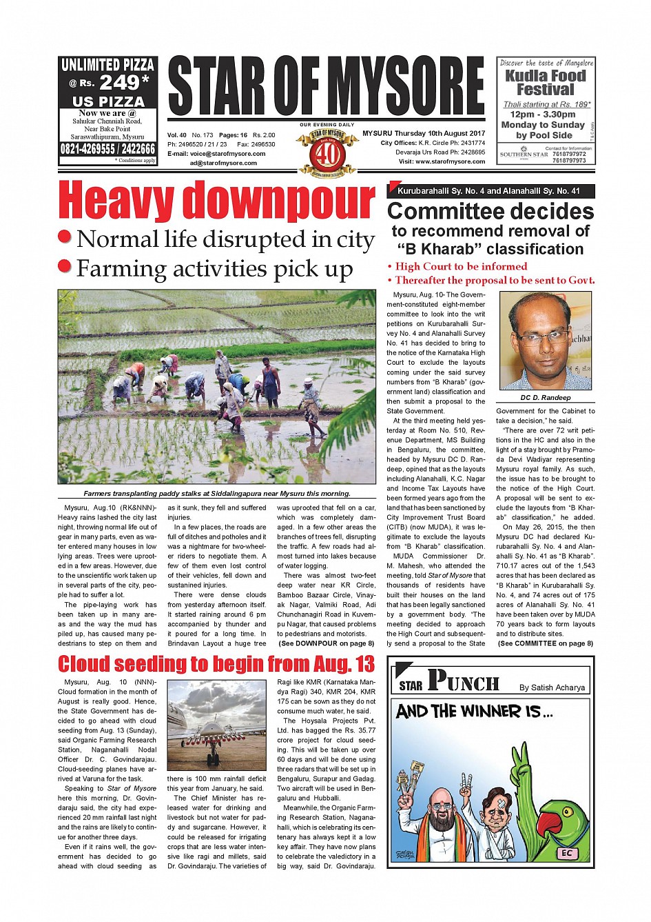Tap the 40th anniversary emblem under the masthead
(327, 152)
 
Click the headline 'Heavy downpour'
(216, 201)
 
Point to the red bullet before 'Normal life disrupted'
(65, 237)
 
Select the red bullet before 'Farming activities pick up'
(65, 266)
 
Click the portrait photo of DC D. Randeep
(545, 341)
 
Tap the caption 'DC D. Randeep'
(545, 398)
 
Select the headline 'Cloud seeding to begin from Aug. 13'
(216, 664)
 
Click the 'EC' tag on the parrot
(566, 853)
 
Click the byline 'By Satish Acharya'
(552, 688)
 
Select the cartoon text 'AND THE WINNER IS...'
(474, 712)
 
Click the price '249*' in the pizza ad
(124, 83)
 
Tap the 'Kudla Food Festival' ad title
(545, 83)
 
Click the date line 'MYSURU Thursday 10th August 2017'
(424, 134)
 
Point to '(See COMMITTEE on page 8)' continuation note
(545, 643)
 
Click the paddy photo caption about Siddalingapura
(216, 494)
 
